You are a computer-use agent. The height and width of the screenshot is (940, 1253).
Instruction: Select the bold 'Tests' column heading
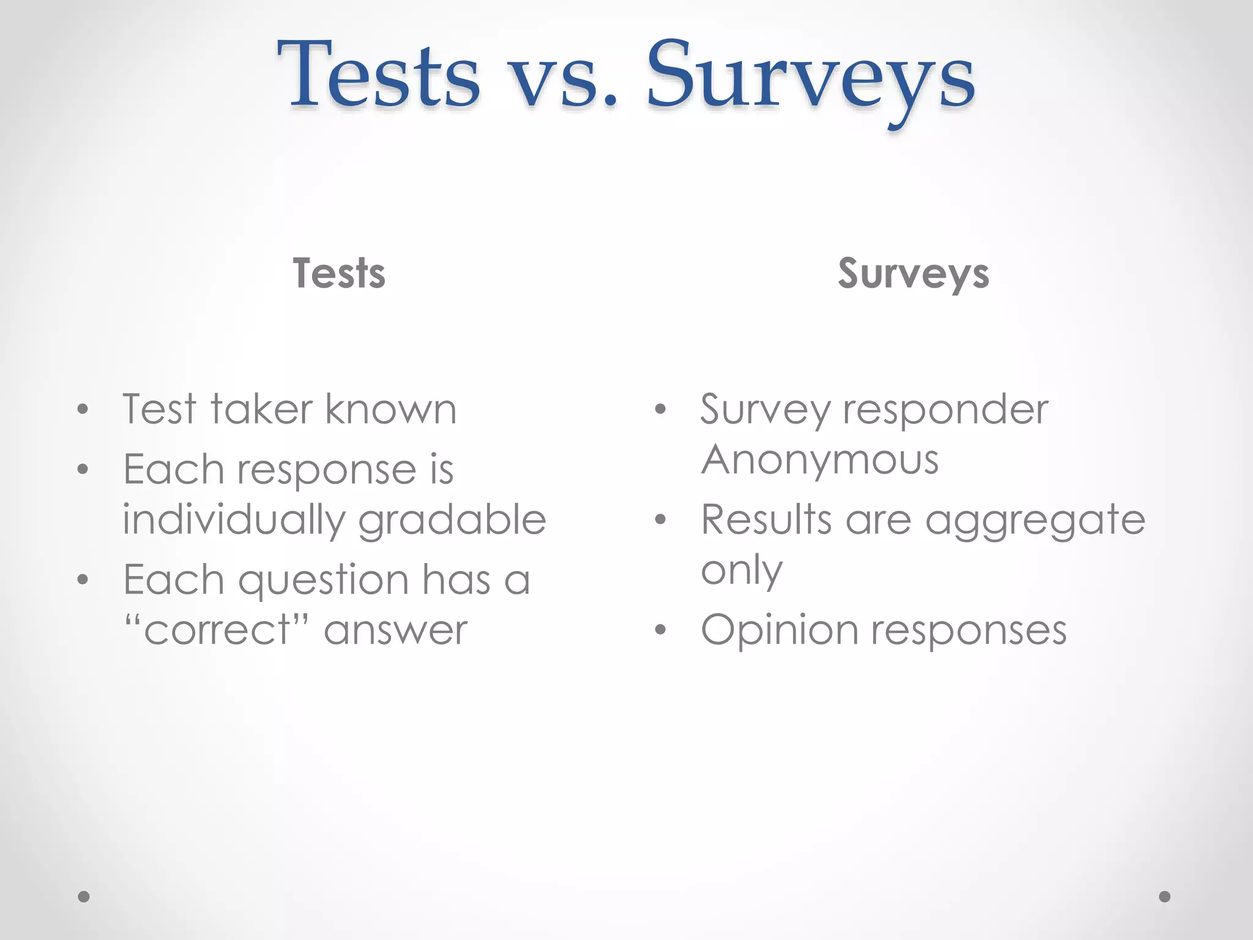click(339, 273)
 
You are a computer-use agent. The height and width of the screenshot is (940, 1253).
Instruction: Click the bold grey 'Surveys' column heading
click(913, 274)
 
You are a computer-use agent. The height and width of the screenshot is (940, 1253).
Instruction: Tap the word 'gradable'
click(452, 520)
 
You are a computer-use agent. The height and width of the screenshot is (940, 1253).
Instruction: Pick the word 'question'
click(323, 580)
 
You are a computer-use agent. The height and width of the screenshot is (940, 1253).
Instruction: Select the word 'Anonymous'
click(819, 460)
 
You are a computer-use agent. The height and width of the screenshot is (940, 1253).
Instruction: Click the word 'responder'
click(945, 410)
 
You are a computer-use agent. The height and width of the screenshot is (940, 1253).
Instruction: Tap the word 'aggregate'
click(1035, 521)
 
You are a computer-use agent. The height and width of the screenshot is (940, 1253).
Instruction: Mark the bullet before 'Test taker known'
click(83, 409)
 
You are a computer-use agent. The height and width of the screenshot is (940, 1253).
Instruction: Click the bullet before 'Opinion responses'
click(660, 630)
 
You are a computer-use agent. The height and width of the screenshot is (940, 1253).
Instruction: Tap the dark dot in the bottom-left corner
click(84, 897)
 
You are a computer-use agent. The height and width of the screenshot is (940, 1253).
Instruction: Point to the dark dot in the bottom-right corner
click(1164, 897)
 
